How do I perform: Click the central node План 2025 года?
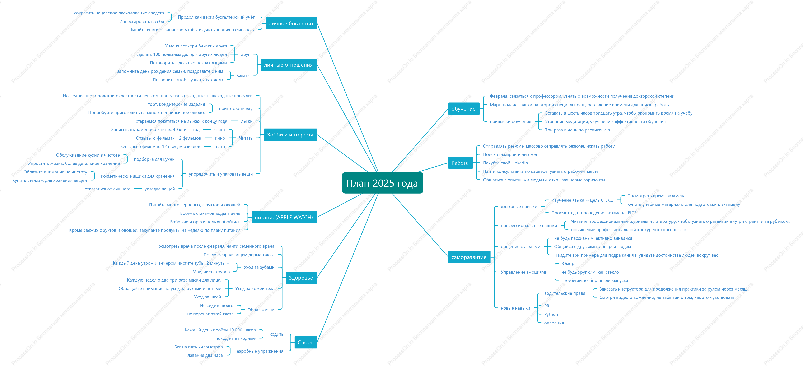382,183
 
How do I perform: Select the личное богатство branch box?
291,23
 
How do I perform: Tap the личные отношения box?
289,65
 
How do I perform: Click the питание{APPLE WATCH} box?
284,217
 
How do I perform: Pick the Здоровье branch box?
301,278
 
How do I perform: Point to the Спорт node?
305,342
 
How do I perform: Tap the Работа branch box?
460,163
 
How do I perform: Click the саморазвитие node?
469,257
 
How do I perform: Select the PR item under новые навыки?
547,306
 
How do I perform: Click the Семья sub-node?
243,75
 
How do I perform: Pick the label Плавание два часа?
204,355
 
